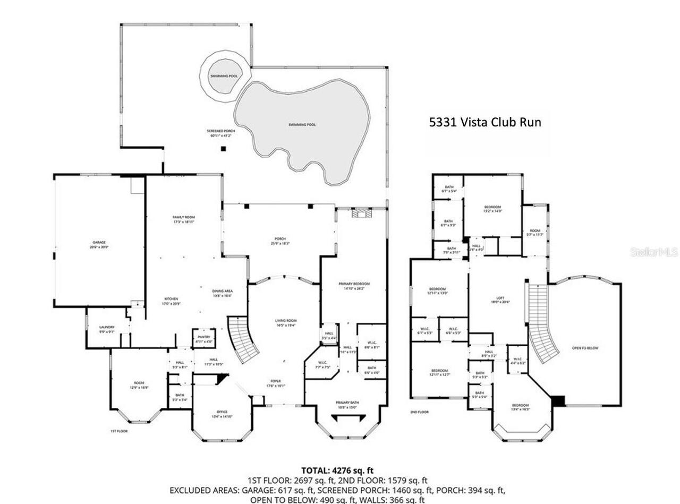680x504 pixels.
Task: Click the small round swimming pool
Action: (223, 76)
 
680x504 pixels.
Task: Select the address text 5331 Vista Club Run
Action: (485, 122)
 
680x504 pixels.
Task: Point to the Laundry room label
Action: (107, 329)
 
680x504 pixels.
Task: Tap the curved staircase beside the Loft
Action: (542, 324)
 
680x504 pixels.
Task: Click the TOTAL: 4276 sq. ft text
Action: (337, 471)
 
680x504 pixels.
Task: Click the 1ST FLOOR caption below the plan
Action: (119, 431)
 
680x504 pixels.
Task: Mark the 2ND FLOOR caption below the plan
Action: (419, 412)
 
